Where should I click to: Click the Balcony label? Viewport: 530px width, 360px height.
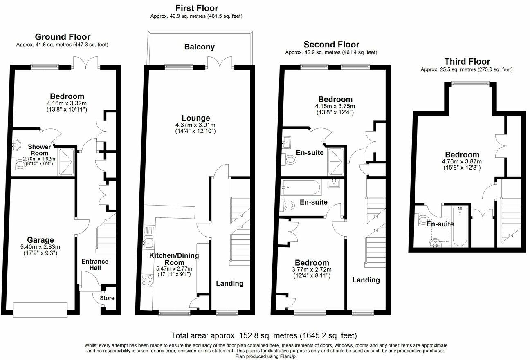(x=199, y=47)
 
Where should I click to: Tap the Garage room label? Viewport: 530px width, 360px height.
(x=40, y=240)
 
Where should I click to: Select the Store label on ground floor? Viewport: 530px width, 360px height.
(x=107, y=298)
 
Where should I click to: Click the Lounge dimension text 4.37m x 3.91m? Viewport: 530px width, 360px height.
(x=195, y=125)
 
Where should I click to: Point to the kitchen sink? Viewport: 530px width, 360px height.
(x=148, y=241)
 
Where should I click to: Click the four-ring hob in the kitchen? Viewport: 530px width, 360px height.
(x=147, y=280)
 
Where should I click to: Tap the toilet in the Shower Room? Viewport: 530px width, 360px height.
(x=19, y=163)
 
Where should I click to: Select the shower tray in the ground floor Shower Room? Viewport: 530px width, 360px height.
(x=66, y=162)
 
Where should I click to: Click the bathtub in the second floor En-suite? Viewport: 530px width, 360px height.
(x=301, y=188)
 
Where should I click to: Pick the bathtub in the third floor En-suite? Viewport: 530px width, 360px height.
(x=460, y=227)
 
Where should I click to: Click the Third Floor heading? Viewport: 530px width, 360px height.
(x=467, y=62)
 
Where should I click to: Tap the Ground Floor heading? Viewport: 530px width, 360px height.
(x=63, y=37)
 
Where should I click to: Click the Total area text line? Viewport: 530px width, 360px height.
(x=264, y=335)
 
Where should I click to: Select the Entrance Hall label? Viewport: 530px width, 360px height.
(x=95, y=264)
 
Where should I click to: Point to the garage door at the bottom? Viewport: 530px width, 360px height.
(x=40, y=310)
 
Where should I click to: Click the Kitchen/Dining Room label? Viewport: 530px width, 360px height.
(x=174, y=259)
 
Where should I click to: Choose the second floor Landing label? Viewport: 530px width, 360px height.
(x=366, y=280)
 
